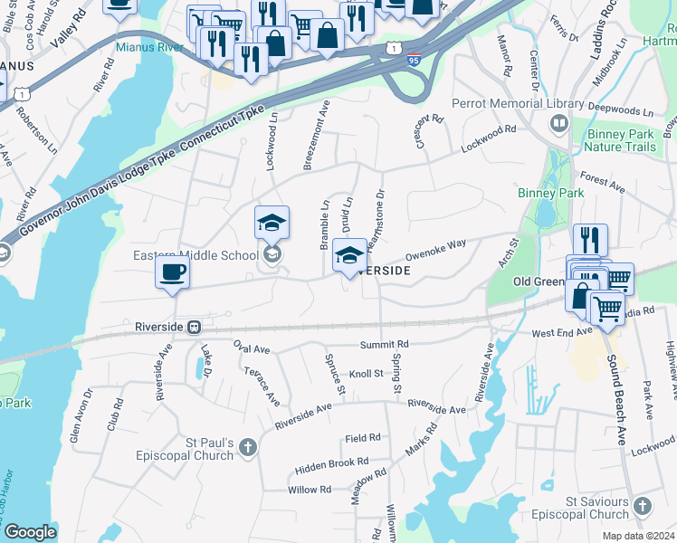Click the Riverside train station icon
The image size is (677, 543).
point(194,327)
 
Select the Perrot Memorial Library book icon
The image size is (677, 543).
point(559,123)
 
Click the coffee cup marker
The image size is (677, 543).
point(172,271)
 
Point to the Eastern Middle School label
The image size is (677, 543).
point(195,255)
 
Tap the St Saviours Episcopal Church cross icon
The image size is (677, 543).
point(642,506)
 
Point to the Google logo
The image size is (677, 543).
point(30,532)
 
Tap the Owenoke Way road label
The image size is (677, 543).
point(435,250)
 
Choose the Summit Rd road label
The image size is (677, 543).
point(384,345)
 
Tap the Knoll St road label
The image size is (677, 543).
point(367,373)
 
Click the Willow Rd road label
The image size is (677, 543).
point(310,490)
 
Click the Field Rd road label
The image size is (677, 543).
point(362,438)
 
